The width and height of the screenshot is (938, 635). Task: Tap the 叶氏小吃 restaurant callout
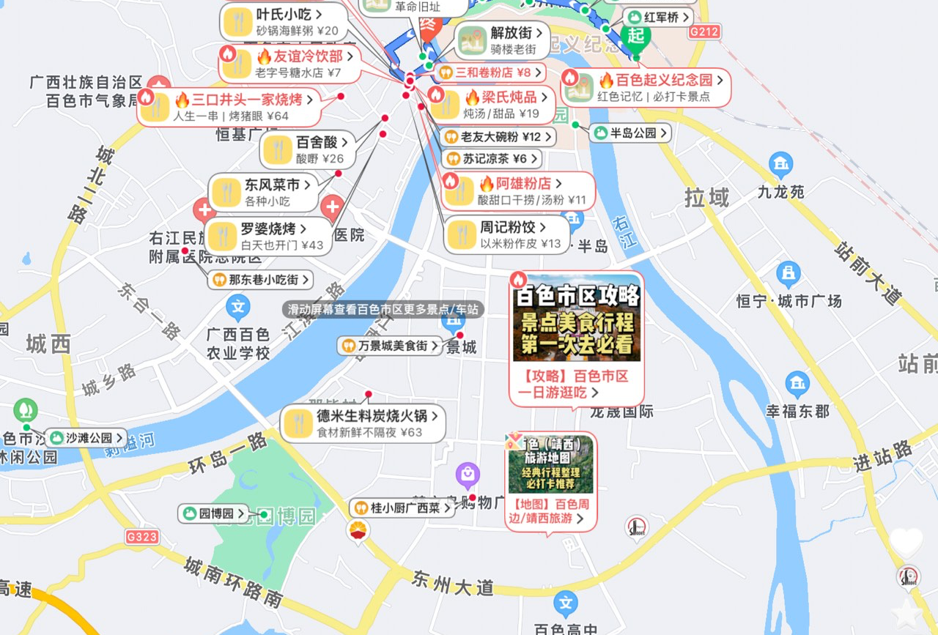pos(284,22)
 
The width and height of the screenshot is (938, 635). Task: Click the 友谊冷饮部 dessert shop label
pos(289,64)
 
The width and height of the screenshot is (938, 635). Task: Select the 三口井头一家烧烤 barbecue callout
pos(229,107)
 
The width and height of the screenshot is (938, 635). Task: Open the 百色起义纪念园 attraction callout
pos(646,88)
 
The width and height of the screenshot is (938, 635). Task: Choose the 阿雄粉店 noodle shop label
pos(519,191)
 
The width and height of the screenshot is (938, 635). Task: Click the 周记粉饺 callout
pos(507,235)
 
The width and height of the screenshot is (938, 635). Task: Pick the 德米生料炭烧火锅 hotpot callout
pos(363,423)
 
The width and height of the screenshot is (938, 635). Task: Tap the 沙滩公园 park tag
pos(86,438)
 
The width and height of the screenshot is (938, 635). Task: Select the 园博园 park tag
pos(215,513)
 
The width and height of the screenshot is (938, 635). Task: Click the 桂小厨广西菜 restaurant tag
pos(402,508)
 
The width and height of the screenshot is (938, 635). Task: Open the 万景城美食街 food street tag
pos(391,345)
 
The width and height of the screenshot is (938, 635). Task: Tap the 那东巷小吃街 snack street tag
pos(262,279)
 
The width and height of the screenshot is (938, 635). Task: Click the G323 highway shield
pos(141,537)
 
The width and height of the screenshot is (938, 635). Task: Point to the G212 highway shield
pos(704,31)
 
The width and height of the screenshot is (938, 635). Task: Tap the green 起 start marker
pos(635,35)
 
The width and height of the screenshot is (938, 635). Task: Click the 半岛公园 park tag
pos(631,133)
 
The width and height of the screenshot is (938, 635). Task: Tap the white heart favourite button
pos(906,542)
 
